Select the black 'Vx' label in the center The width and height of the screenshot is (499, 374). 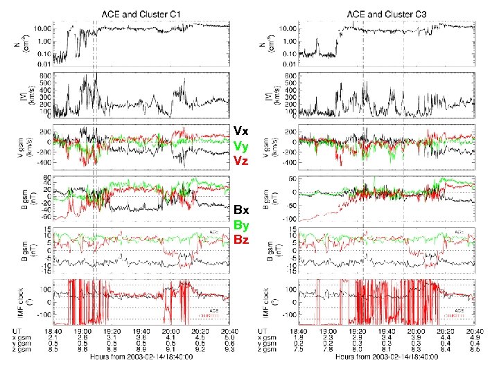point(240,130)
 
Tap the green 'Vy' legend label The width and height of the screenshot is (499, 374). point(240,145)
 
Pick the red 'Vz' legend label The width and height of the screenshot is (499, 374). point(240,161)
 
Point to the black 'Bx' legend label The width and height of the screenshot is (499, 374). point(241,209)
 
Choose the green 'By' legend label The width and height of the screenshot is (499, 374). point(241,224)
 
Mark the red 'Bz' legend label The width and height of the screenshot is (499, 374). point(241,240)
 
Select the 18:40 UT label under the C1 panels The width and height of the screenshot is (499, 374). point(67,332)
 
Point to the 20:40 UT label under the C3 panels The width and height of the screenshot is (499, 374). point(471,332)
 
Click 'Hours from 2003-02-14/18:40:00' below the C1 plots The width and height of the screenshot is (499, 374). point(146,357)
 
